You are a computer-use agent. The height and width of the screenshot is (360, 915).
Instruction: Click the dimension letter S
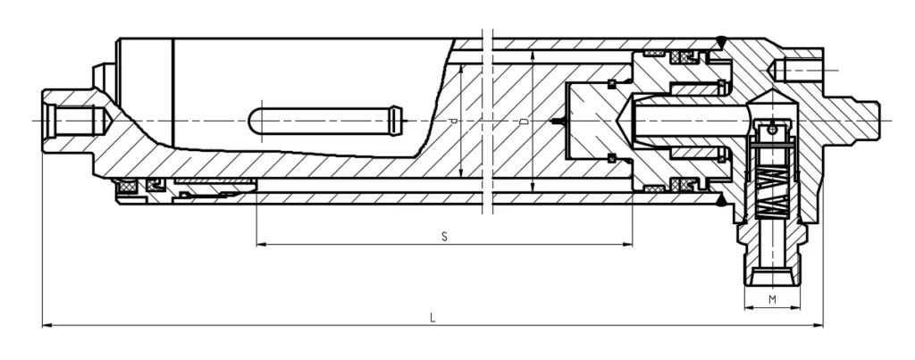coord(444,236)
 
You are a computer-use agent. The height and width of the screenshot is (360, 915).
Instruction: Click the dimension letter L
coord(432,317)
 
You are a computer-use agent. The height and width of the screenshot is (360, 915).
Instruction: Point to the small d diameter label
coord(454,120)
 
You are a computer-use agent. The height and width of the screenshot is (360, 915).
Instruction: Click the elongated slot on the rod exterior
coord(327,119)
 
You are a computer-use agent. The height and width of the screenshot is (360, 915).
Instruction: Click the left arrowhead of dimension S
coord(260,244)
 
